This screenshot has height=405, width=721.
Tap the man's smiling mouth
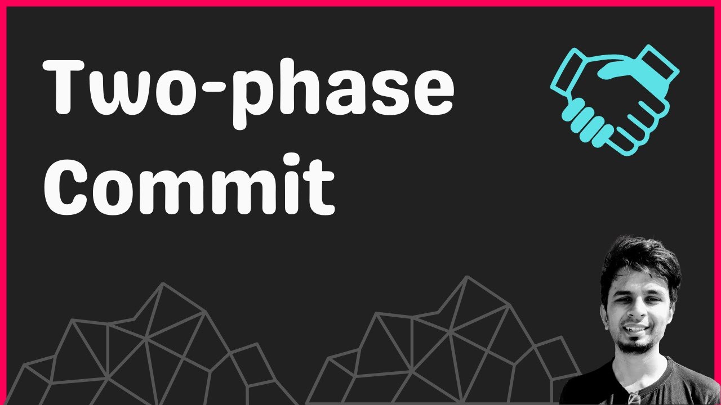click(x=635, y=329)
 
